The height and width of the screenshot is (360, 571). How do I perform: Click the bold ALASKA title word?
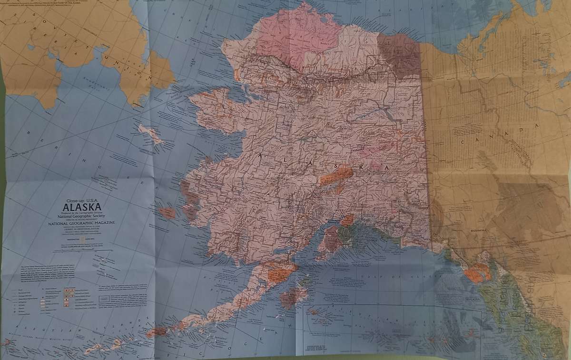click(x=81, y=207)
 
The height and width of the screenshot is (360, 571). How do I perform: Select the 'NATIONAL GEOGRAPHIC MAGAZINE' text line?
click(x=82, y=222)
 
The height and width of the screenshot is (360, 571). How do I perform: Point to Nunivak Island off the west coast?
click(x=167, y=213)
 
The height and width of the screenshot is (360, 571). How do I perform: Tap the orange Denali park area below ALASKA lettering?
click(x=335, y=176)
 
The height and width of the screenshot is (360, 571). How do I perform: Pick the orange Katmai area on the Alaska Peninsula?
click(x=279, y=274)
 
